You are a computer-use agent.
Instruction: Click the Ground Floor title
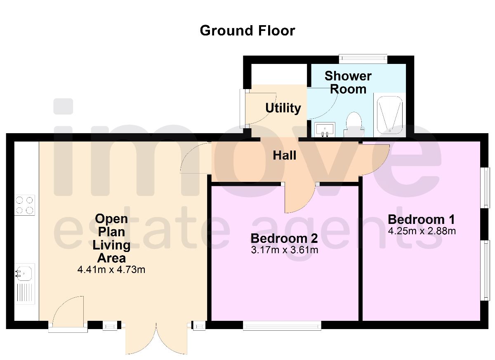(x=247, y=31)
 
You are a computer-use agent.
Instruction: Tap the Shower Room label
(x=348, y=82)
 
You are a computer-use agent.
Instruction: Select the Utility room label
(x=283, y=108)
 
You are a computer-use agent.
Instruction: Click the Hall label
(x=284, y=155)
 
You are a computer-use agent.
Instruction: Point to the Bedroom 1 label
(x=421, y=219)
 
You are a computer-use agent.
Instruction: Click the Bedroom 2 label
(x=284, y=238)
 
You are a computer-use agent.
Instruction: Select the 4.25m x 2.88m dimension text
(x=422, y=231)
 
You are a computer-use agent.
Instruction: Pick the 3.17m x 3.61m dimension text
(x=284, y=250)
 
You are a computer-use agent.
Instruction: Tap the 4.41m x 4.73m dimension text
(x=111, y=270)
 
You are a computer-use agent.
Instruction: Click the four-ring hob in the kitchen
(x=25, y=205)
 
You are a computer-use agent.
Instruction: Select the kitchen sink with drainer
(x=25, y=284)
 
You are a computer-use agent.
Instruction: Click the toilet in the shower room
(x=353, y=124)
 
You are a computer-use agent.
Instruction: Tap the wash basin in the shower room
(x=325, y=129)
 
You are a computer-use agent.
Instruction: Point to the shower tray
(x=389, y=115)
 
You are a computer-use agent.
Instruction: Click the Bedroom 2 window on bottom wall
(x=282, y=326)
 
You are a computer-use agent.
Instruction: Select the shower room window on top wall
(x=363, y=59)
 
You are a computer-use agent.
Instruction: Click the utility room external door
(x=252, y=106)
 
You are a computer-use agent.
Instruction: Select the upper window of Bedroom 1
(x=486, y=187)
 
